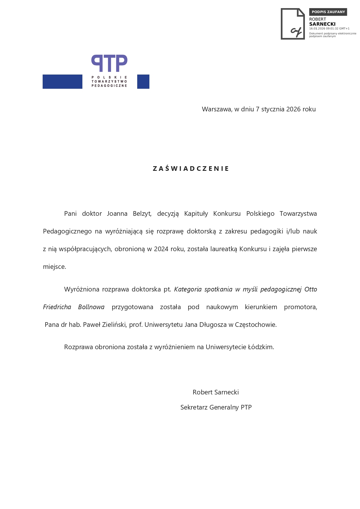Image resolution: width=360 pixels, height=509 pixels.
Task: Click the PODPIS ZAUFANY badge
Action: point(328,12)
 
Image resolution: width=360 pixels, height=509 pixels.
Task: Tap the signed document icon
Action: point(293,24)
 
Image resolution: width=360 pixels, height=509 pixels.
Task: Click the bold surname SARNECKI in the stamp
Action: point(322,24)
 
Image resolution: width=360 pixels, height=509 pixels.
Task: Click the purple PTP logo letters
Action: point(109,63)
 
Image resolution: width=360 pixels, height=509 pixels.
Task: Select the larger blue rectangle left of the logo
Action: point(62,81)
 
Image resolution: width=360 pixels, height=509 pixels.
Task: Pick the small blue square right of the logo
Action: point(143,81)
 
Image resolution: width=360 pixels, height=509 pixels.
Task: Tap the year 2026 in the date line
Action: point(294,109)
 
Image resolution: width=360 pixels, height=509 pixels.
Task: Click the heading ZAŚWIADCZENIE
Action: point(191,169)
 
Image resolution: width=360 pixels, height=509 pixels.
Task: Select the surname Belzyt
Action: point(142,214)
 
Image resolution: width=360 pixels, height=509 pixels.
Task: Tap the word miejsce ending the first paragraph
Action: point(54,267)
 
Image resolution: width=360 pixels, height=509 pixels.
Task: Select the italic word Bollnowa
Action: point(91,307)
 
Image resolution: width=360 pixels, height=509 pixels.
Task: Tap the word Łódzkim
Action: point(261,347)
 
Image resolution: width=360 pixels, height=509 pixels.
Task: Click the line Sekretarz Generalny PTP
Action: point(216,407)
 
